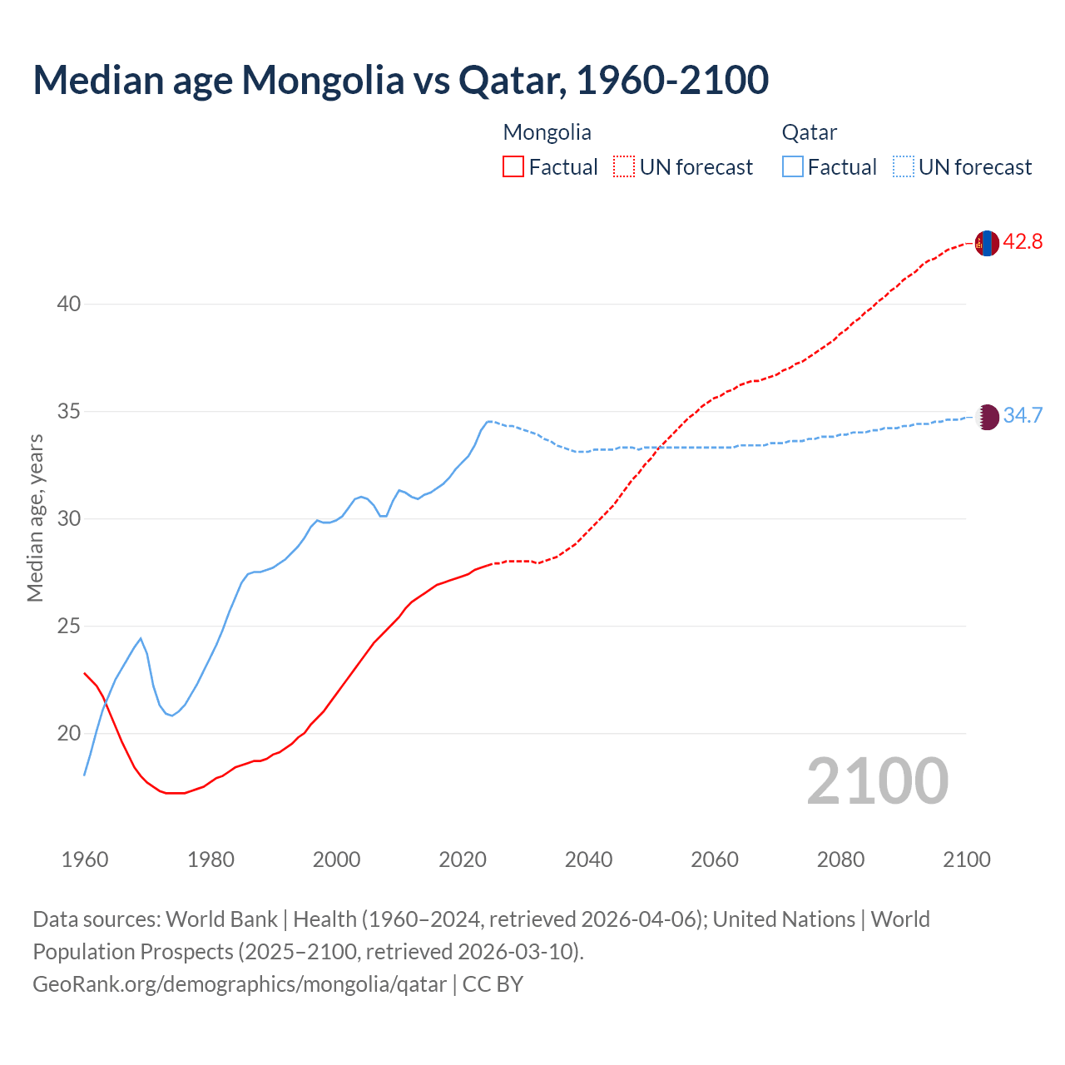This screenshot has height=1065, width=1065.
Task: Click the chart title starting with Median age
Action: point(400,80)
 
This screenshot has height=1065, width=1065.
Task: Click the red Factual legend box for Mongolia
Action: point(513,167)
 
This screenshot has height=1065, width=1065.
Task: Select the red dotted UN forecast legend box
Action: point(624,167)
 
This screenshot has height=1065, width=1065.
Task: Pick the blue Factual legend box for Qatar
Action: point(793,167)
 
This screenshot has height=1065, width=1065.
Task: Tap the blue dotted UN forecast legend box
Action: point(904,167)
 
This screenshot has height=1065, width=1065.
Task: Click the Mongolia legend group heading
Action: point(547,132)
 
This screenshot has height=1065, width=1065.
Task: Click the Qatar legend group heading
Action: point(809,132)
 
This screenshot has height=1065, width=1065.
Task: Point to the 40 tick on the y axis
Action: point(69,305)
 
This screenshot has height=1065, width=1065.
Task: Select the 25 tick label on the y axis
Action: point(69,627)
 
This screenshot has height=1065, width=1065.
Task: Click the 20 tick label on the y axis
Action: point(69,734)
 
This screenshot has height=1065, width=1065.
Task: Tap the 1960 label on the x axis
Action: point(85,859)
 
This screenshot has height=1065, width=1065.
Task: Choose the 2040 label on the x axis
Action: point(588,859)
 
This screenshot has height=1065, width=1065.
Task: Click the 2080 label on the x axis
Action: point(840,859)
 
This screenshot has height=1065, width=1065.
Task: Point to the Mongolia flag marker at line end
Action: point(987,243)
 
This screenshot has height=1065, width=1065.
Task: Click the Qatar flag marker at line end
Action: point(987,417)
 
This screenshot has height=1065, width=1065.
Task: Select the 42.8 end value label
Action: point(1023,242)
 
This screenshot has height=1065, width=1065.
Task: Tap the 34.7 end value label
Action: point(1023,416)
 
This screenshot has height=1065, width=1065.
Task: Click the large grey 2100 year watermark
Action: point(877,781)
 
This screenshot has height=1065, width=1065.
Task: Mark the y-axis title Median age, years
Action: point(35,518)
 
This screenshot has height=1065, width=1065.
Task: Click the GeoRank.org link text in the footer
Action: point(240,984)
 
